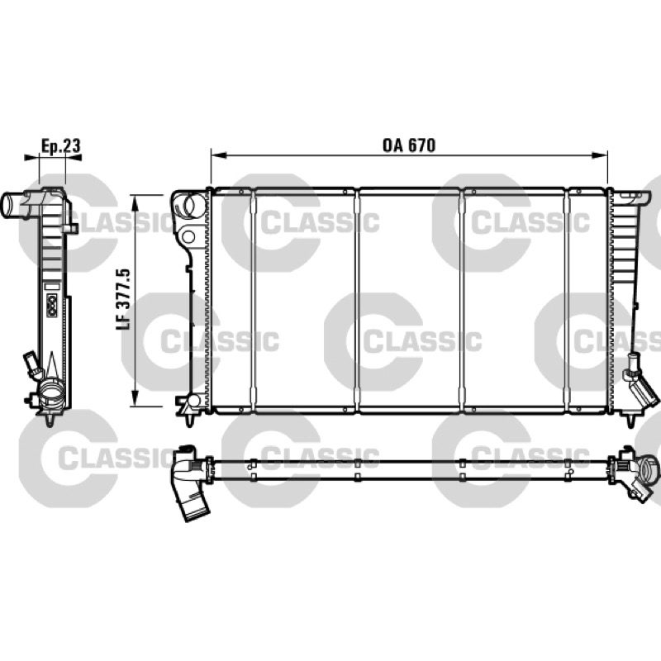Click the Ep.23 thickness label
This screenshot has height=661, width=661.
[60, 146]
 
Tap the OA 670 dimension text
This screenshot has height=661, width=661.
[409, 145]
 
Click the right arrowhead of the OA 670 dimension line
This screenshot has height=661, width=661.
[600, 155]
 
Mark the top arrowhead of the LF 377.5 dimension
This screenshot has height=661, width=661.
[135, 203]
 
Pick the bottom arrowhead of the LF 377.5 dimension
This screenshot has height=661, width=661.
[135, 398]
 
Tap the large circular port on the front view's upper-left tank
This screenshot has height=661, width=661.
[194, 203]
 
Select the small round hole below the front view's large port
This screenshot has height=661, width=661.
[188, 236]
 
